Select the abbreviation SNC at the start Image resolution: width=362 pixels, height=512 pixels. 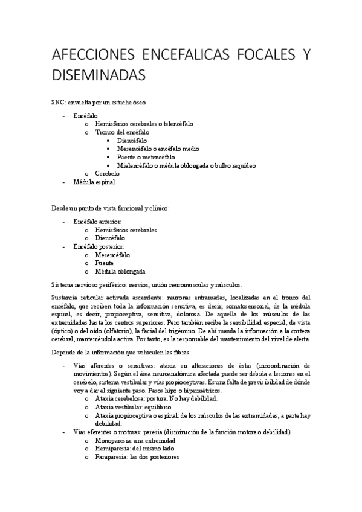(x=58, y=103)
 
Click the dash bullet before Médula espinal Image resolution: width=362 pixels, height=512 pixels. (x=65, y=182)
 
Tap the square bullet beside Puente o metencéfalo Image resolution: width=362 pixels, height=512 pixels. (x=108, y=157)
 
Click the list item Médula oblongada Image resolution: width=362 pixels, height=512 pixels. (x=120, y=272)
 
